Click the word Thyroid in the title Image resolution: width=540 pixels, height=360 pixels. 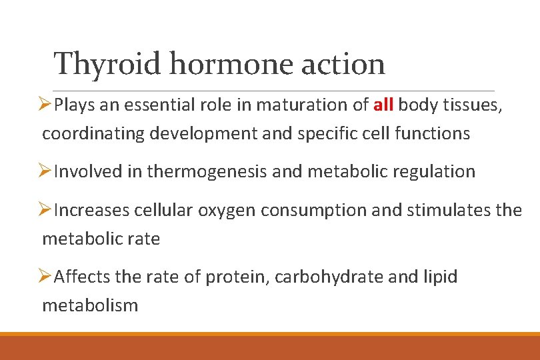click(107, 64)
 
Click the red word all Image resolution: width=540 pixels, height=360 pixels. click(383, 105)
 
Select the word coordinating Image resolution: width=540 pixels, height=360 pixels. click(93, 133)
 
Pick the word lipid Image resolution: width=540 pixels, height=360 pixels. click(440, 276)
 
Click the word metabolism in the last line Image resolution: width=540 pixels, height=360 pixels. click(90, 305)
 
